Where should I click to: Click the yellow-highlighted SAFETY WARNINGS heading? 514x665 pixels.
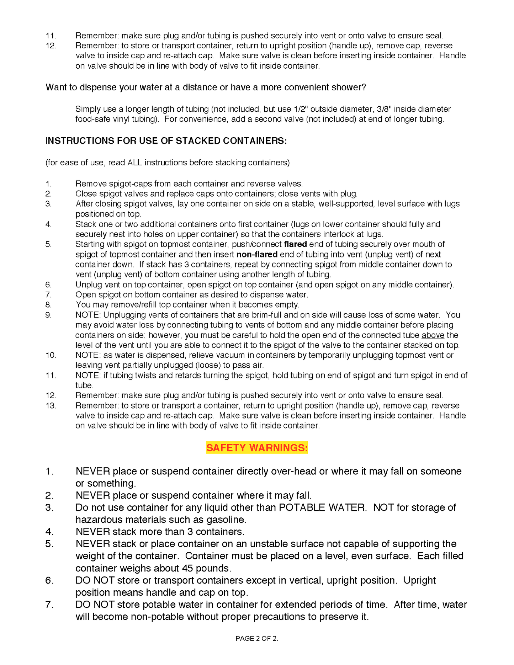coord(257,448)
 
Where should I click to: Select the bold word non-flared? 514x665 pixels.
coord(257,255)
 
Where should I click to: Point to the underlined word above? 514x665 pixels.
coord(433,335)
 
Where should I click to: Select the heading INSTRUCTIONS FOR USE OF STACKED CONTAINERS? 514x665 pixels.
coord(166,141)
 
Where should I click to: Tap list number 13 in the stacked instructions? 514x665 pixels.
coord(51,406)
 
